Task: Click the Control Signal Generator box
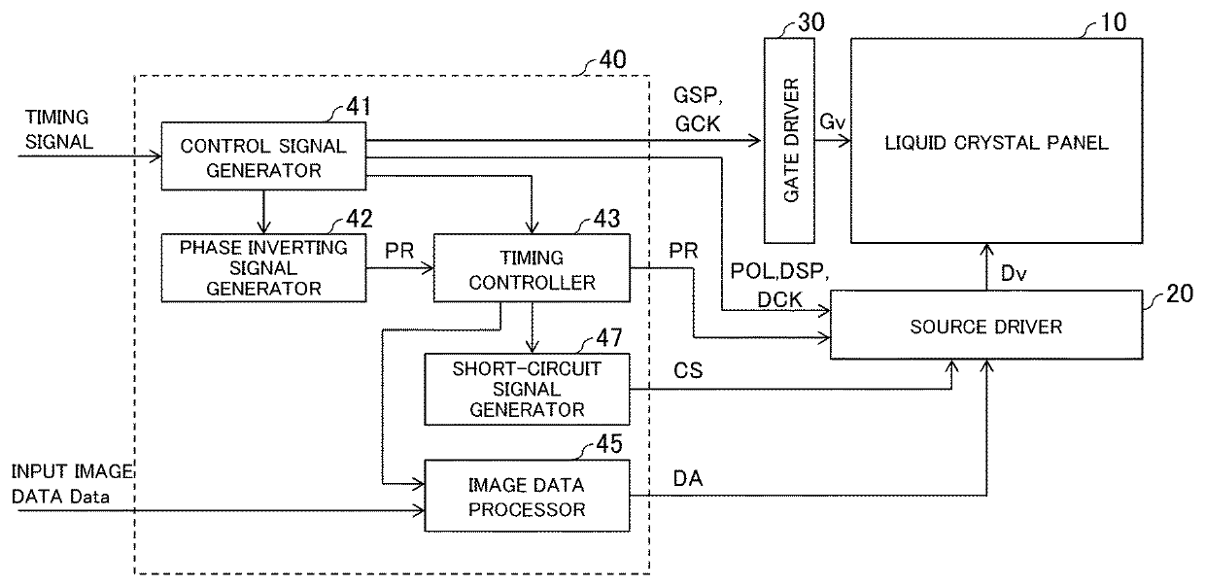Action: click(263, 156)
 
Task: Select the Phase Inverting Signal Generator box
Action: click(263, 268)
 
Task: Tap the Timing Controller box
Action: click(532, 268)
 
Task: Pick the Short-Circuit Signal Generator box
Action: click(527, 389)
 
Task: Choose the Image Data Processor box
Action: click(527, 496)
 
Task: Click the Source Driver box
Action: click(986, 325)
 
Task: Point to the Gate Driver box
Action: click(789, 140)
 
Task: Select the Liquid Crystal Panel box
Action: click(996, 140)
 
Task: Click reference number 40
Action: click(612, 59)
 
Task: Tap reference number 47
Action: click(609, 338)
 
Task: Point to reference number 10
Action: click(1113, 22)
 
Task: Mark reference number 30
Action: click(810, 22)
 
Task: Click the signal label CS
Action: click(688, 370)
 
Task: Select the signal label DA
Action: click(688, 478)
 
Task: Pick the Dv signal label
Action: click(1014, 273)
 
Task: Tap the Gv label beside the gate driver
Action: click(832, 121)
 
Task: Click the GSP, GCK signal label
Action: click(698, 110)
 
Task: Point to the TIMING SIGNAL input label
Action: click(58, 129)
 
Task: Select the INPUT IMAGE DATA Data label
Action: click(72, 484)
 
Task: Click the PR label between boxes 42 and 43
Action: click(399, 251)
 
